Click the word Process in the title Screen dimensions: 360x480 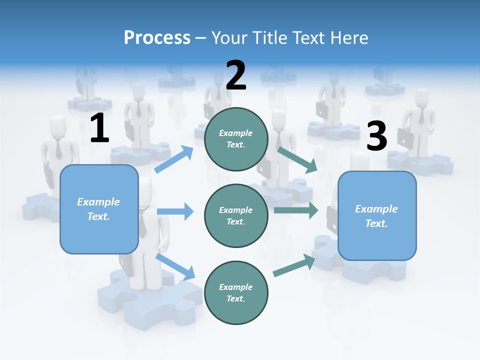click(x=157, y=38)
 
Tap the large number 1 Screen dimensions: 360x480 click(x=99, y=128)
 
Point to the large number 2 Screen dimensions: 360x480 click(x=236, y=75)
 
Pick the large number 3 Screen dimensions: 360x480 click(x=376, y=136)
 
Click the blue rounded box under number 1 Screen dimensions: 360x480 click(x=99, y=209)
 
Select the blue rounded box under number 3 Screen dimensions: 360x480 click(x=377, y=216)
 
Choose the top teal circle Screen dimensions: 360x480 click(x=236, y=139)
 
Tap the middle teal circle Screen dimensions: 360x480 click(x=236, y=216)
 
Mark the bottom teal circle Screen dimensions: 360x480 click(x=236, y=293)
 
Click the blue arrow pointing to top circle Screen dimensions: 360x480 click(x=174, y=159)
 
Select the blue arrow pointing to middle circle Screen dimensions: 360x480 click(x=175, y=211)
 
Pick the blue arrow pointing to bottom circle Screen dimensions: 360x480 click(x=175, y=266)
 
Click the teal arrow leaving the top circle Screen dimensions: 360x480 click(x=297, y=159)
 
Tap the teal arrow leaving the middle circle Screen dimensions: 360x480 click(x=295, y=210)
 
